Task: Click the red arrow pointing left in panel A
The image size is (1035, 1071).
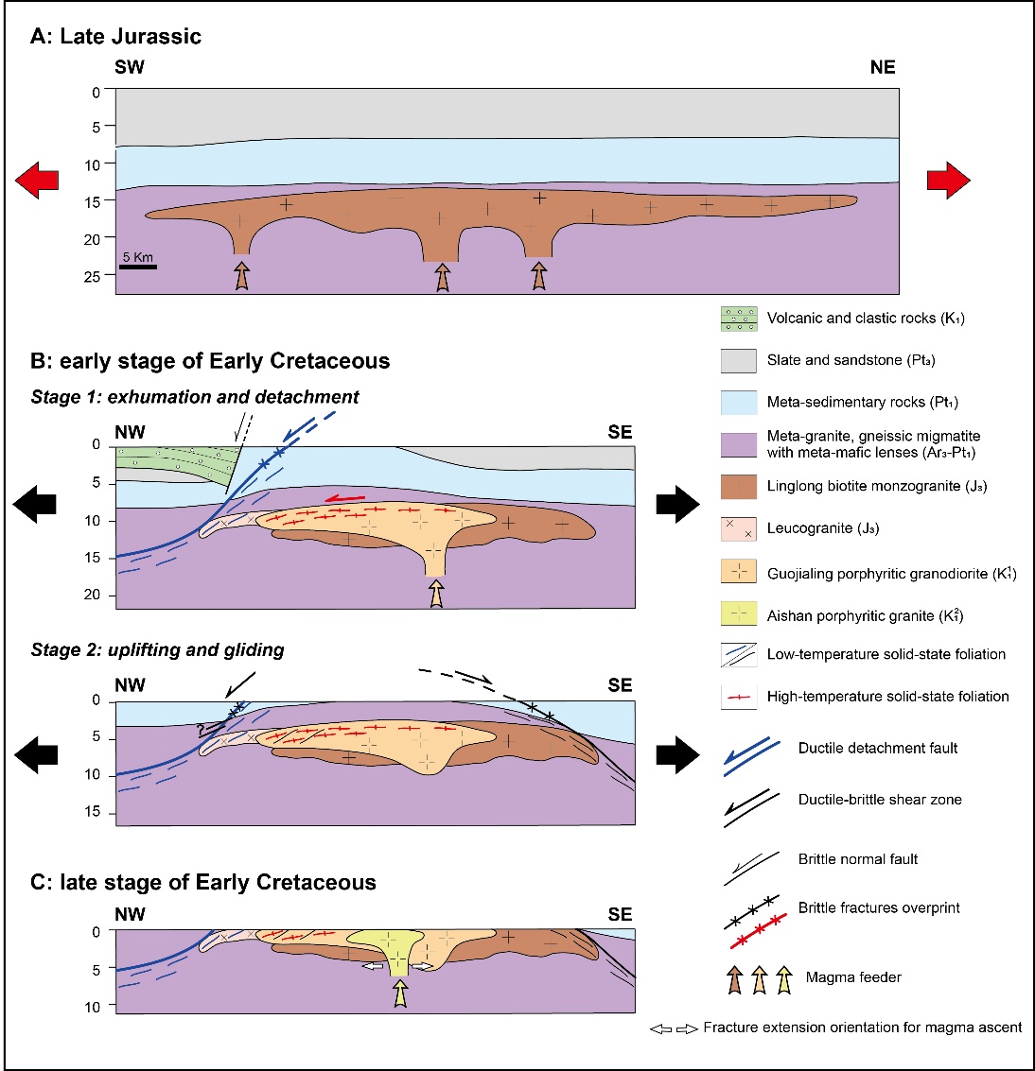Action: coord(37,180)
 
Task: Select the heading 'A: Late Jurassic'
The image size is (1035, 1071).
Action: coord(115,37)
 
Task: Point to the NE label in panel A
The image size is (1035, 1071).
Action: coord(882,67)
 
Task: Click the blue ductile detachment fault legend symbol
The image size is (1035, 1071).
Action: coord(752,757)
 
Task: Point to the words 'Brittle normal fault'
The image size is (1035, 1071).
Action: coord(858,859)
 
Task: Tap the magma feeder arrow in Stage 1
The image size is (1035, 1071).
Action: coord(435,593)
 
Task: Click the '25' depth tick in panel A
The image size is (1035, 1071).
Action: coord(93,277)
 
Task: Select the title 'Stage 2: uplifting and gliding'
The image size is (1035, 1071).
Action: coord(157,649)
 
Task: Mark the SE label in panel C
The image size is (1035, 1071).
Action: coord(620,914)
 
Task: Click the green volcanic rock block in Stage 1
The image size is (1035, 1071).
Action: coord(170,463)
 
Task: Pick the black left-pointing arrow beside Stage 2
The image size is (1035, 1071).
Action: coord(36,754)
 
